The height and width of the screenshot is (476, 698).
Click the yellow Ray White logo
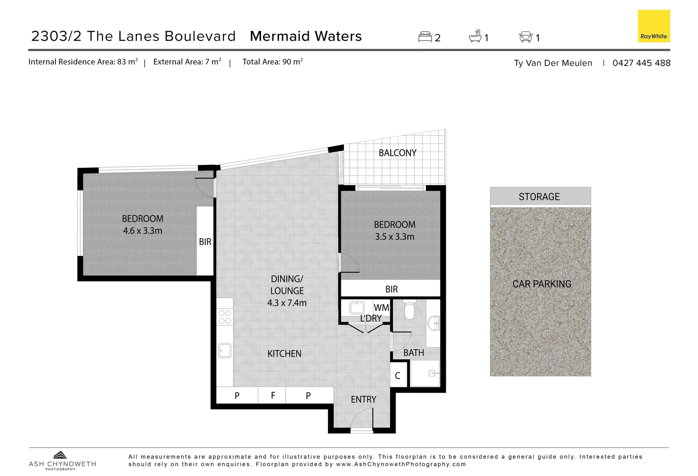[x=653, y=26]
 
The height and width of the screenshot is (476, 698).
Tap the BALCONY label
[x=397, y=153]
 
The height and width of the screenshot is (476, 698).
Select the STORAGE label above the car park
[x=539, y=197]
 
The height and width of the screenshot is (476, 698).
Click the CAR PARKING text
[x=541, y=284]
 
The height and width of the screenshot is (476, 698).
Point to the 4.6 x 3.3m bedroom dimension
[x=142, y=231]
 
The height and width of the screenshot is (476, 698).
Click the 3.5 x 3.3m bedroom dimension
[x=394, y=237]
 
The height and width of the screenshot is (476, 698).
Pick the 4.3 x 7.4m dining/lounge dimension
[x=287, y=303]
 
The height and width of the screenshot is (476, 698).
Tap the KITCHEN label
[x=284, y=353]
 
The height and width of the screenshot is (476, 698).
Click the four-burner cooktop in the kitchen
[x=225, y=317]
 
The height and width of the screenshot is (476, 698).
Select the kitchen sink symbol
[x=225, y=350]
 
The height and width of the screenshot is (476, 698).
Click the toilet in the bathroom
[x=409, y=310]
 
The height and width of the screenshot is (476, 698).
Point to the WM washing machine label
[x=381, y=308]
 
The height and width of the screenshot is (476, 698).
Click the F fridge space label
[x=273, y=395]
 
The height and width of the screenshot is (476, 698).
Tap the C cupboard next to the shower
[x=398, y=376]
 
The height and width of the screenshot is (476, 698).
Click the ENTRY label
[x=363, y=399]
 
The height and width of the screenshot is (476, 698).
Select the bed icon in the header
[x=425, y=37]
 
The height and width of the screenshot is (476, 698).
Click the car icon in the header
[x=526, y=37]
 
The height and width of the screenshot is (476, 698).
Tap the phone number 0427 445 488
[x=641, y=63]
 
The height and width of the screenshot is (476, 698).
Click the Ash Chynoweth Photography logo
[x=62, y=461]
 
